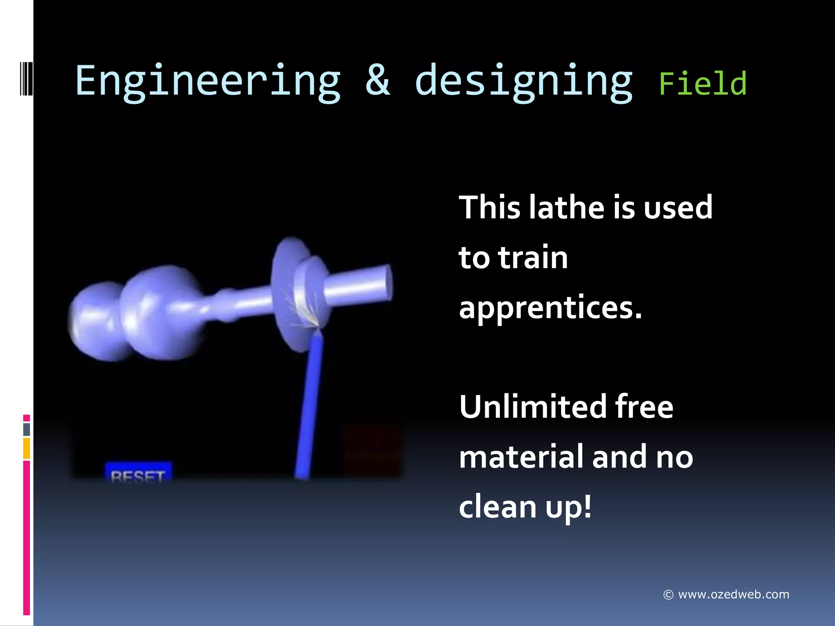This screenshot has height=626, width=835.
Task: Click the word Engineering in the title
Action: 208,82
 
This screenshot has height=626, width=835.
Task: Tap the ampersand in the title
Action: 378,80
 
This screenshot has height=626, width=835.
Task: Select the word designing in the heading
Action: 524,82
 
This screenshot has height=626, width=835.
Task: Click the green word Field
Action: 702,84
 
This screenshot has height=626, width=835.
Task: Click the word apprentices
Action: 550,308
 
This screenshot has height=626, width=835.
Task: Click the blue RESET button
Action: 138,473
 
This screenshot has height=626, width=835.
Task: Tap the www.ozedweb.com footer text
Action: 733,595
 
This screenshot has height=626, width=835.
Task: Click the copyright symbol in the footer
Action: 668,595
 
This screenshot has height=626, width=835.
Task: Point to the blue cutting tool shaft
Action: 309,408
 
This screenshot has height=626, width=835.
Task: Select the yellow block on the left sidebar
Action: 27,448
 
